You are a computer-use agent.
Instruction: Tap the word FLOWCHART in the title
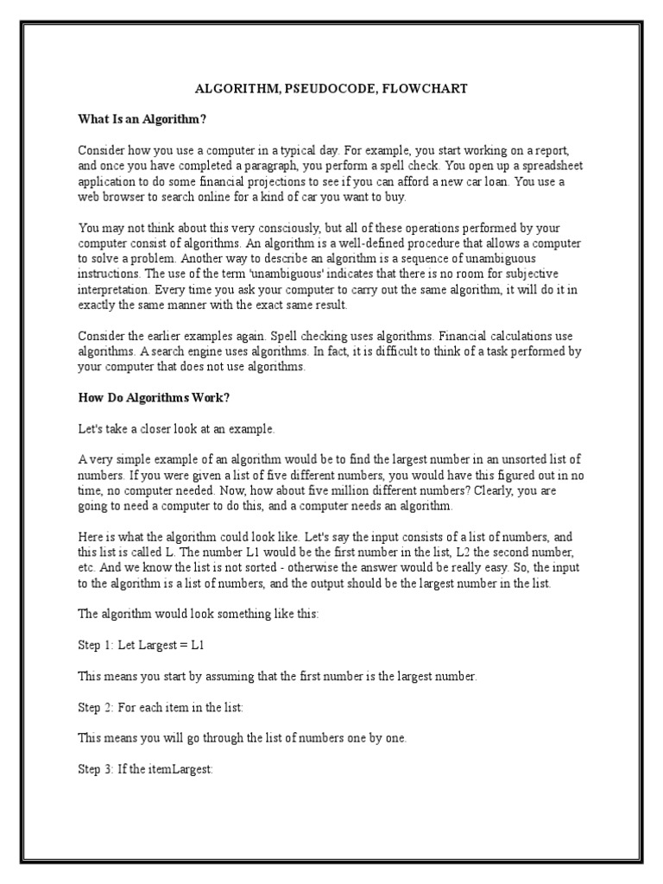pos(425,89)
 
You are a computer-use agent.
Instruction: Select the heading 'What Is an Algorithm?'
pos(142,118)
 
